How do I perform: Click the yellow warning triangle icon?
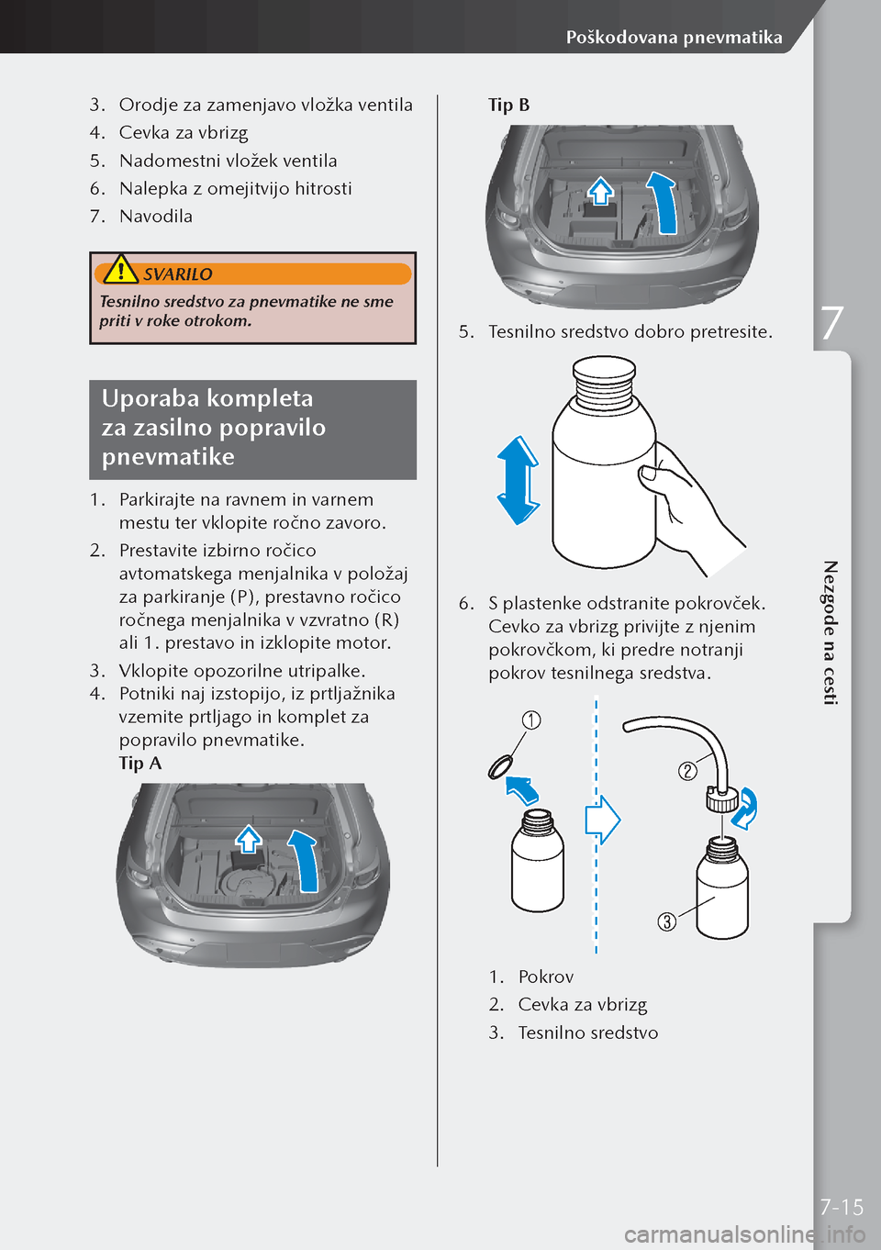point(120,269)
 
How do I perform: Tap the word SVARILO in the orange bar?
point(178,274)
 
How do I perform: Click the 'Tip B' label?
point(508,105)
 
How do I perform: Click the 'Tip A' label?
point(140,763)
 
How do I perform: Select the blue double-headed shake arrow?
point(519,481)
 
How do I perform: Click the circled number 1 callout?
point(531,720)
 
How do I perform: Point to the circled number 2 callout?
point(687,771)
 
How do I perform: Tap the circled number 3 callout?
point(667,921)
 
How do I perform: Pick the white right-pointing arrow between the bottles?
point(603,820)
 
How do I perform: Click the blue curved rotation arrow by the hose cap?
point(746,809)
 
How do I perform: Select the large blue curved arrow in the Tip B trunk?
point(663,203)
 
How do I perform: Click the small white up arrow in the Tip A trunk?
point(249,839)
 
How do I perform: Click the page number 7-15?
point(842,1207)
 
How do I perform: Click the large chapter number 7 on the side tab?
point(831,324)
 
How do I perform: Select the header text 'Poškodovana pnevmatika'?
point(674,38)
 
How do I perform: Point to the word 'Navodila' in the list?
point(156,217)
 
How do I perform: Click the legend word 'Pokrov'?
point(546,977)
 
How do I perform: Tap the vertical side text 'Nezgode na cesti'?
point(831,633)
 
